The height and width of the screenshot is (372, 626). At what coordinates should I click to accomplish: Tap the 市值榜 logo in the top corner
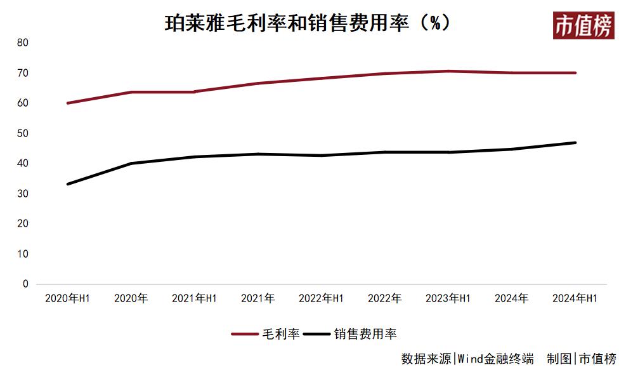pyautogui.click(x=583, y=25)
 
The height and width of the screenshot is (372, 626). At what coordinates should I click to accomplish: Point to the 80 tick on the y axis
pyautogui.click(x=23, y=43)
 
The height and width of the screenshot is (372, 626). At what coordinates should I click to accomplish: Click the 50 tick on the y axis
pyautogui.click(x=23, y=133)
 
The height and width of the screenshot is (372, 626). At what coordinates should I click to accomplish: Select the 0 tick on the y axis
pyautogui.click(x=25, y=284)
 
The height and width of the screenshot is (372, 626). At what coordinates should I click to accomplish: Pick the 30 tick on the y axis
pyautogui.click(x=23, y=194)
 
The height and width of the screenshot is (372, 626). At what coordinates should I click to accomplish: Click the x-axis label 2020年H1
pyautogui.click(x=67, y=298)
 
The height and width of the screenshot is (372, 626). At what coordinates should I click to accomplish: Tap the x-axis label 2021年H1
pyautogui.click(x=194, y=298)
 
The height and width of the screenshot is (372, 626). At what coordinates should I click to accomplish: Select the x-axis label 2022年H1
pyautogui.click(x=321, y=298)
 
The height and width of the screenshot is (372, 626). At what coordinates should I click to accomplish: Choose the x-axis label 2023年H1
pyautogui.click(x=448, y=298)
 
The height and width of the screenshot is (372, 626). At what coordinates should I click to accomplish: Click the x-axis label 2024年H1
pyautogui.click(x=575, y=298)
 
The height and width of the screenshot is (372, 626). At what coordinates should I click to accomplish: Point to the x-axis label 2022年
pyautogui.click(x=384, y=298)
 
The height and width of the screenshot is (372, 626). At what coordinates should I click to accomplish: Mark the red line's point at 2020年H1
pyautogui.click(x=67, y=103)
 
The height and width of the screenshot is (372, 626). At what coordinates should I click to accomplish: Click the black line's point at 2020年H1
pyautogui.click(x=67, y=184)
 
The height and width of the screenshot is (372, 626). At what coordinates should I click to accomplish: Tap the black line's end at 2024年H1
pyautogui.click(x=575, y=143)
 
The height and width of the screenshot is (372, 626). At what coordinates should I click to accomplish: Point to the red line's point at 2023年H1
pyautogui.click(x=448, y=71)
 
